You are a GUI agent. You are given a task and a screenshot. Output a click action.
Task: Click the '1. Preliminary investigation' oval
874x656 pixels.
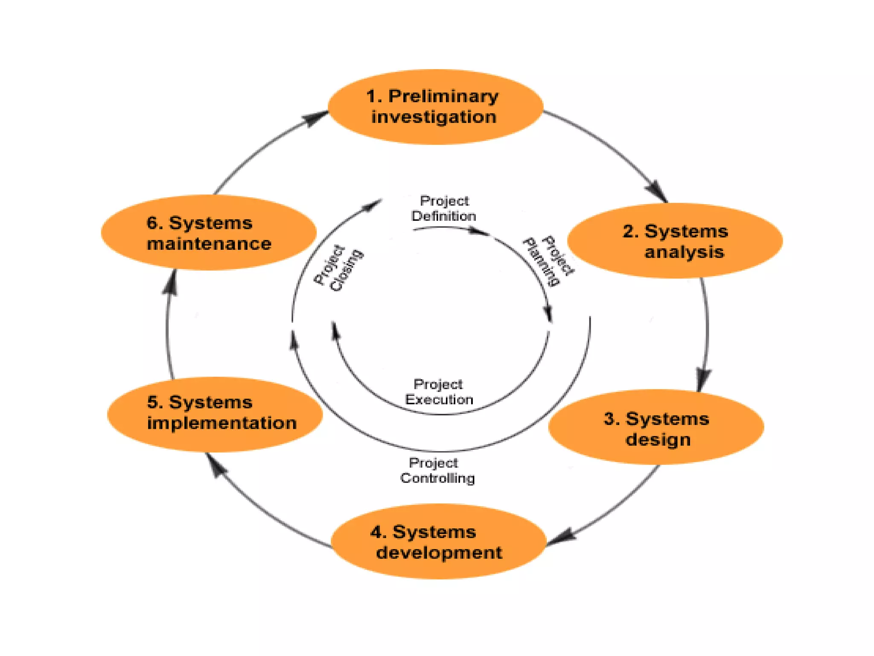pyautogui.click(x=435, y=107)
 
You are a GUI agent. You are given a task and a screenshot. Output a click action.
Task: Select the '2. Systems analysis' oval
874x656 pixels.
pyautogui.click(x=675, y=241)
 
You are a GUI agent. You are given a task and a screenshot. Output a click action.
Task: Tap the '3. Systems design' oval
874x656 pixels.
pyautogui.click(x=656, y=427)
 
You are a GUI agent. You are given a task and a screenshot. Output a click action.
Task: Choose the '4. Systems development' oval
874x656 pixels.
pyautogui.click(x=439, y=542)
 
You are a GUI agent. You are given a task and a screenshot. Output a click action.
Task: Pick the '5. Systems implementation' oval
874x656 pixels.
pyautogui.click(x=215, y=414)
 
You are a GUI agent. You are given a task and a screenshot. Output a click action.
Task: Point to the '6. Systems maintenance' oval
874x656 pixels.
pyautogui.click(x=209, y=233)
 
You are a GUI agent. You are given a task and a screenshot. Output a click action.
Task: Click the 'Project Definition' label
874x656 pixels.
pyautogui.click(x=444, y=208)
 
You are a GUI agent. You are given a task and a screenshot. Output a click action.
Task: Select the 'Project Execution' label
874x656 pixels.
pyautogui.click(x=439, y=392)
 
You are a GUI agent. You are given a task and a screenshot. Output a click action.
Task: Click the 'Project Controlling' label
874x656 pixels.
pyautogui.click(x=437, y=471)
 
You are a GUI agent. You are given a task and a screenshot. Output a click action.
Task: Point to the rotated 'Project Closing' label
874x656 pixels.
pyautogui.click(x=338, y=268)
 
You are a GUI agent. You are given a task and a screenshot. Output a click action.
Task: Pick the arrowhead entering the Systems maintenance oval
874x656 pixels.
pyautogui.click(x=171, y=282)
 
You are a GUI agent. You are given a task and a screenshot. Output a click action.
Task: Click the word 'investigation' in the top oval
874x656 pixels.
pyautogui.click(x=434, y=117)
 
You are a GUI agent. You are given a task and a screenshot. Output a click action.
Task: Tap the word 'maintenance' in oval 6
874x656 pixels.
pyautogui.click(x=209, y=244)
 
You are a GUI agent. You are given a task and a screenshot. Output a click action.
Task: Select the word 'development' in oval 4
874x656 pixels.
pyautogui.click(x=439, y=553)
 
